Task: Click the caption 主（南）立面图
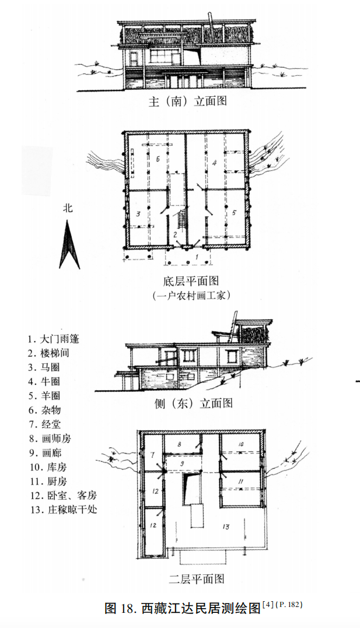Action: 187,101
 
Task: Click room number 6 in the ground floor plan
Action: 157,158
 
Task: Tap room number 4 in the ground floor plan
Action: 214,163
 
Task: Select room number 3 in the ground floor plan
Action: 138,214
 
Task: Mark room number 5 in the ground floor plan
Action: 234,213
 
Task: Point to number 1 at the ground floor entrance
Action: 197,256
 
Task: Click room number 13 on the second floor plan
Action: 225,527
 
